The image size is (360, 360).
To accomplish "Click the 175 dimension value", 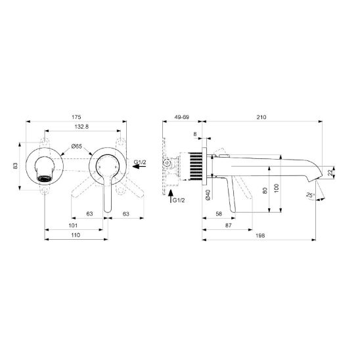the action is (x=76, y=117).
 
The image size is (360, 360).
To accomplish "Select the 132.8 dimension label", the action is (x=81, y=127).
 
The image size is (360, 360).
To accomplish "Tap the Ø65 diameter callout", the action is (x=76, y=146).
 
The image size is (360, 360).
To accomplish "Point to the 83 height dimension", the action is (x=15, y=166).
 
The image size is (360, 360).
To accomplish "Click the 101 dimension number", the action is (x=73, y=225).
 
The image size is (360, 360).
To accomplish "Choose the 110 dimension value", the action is (x=76, y=235).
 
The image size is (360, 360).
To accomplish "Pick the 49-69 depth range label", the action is (x=182, y=117).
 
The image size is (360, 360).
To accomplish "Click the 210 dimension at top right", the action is (x=261, y=117).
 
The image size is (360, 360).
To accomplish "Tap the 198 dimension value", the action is (x=260, y=235).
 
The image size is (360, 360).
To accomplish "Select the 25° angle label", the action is (x=310, y=195).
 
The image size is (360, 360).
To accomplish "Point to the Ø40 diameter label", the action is (x=208, y=194).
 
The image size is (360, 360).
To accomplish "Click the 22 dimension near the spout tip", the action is (x=330, y=173).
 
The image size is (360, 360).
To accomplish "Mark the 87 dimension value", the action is (x=228, y=225).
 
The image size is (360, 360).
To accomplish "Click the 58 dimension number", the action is (x=219, y=214).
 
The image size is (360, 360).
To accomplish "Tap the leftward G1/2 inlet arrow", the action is (x=139, y=166).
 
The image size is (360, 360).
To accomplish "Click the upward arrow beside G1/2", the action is (x=170, y=196).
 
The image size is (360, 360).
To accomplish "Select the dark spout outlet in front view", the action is (x=45, y=179).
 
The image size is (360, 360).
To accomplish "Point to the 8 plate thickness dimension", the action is (x=195, y=134).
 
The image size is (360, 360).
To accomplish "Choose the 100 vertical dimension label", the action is (x=277, y=188).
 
